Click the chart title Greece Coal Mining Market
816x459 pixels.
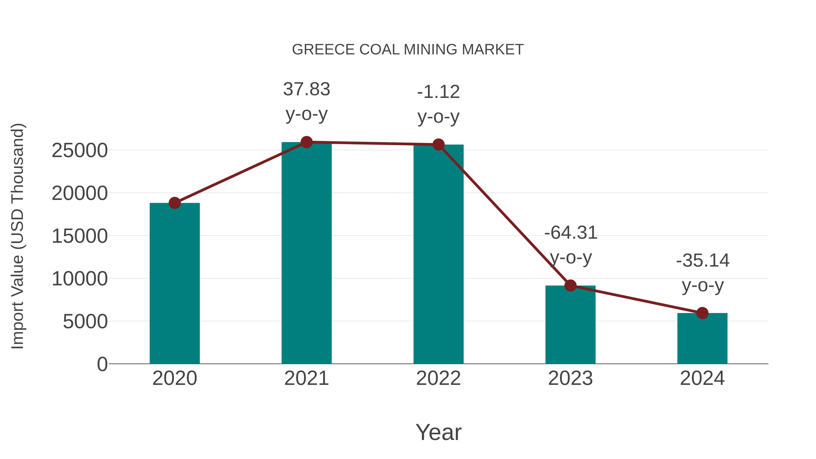(408, 50)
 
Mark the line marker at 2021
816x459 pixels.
(306, 142)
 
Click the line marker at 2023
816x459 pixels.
(570, 286)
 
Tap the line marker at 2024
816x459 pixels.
(702, 313)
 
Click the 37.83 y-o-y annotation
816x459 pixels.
(306, 101)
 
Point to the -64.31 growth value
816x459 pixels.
(571, 233)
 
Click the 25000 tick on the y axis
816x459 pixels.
(80, 151)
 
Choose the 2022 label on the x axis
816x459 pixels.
(438, 378)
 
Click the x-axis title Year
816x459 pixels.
(438, 432)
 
